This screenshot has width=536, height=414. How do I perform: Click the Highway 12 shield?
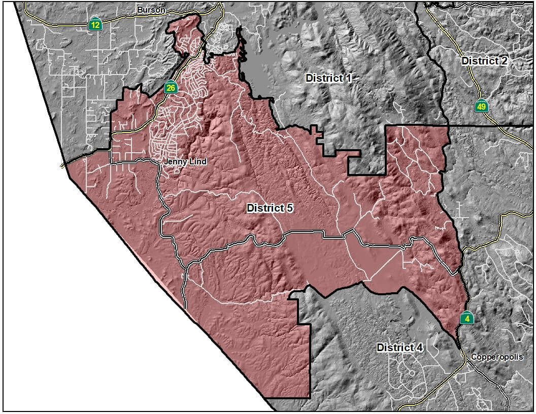coord(95,24)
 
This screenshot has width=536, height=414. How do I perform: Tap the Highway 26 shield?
coord(171,88)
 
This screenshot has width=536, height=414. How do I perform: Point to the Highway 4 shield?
coord(467,318)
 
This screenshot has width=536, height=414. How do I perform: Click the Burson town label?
coord(150,9)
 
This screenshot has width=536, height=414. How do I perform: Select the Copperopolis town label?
coord(496,357)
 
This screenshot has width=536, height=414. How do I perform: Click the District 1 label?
coord(328,78)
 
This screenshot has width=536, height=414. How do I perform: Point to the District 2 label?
coord(484,61)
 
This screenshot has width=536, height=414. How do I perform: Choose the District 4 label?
coord(399,348)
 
